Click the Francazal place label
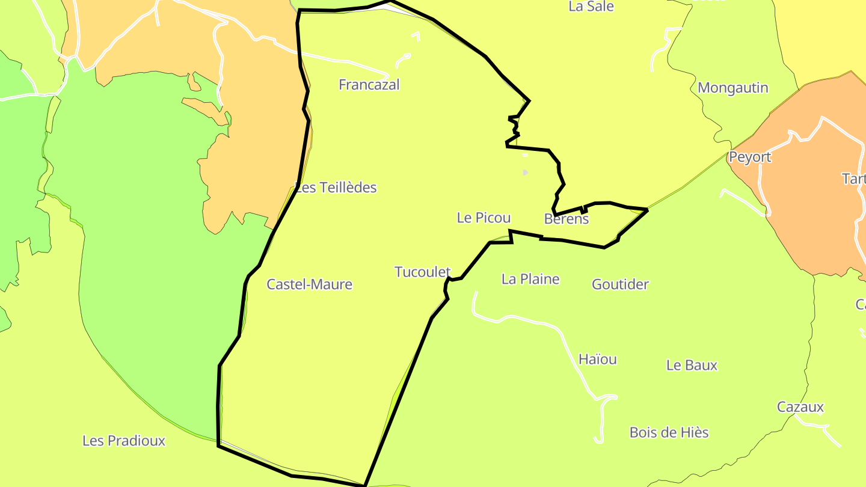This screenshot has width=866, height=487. [x=369, y=85]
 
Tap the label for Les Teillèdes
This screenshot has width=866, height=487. [x=336, y=188]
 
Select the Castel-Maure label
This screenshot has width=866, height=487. [x=309, y=284]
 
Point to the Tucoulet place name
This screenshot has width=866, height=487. [x=422, y=272]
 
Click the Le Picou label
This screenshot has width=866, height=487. [x=484, y=218]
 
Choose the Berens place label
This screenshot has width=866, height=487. [x=566, y=219]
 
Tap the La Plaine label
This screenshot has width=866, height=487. [x=530, y=279]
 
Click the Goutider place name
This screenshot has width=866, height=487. [x=620, y=284]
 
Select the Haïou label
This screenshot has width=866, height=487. [x=597, y=360]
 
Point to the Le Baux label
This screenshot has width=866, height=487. [x=692, y=366]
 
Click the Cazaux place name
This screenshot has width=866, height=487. [x=800, y=407]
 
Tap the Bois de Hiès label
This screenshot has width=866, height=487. [x=669, y=432]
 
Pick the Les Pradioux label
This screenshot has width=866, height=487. [x=123, y=441]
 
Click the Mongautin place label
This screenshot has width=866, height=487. [x=732, y=88]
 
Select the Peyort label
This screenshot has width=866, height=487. [x=749, y=158]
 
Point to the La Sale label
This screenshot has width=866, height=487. [x=591, y=7]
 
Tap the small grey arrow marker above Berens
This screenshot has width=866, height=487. [x=526, y=173]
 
